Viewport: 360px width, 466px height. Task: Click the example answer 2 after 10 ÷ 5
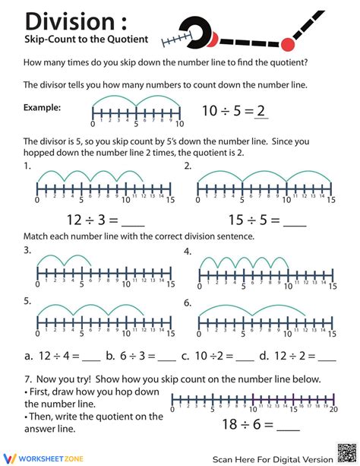[x=261, y=111]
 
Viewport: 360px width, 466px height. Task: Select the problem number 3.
[x=27, y=249]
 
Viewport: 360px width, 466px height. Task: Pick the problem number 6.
[x=188, y=302]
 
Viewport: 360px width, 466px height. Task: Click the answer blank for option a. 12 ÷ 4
[x=90, y=355]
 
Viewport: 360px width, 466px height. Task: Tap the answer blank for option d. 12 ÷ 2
[x=326, y=355]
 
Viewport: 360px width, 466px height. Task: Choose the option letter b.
[x=110, y=355]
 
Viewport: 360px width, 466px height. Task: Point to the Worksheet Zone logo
[x=43, y=456]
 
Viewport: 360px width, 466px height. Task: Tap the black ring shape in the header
[x=201, y=31]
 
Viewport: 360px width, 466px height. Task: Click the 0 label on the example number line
[x=93, y=124]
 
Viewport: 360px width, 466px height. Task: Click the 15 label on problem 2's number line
[x=331, y=201]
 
